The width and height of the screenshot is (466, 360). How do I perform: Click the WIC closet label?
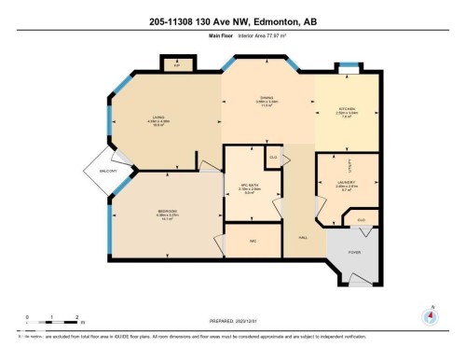click(252, 241)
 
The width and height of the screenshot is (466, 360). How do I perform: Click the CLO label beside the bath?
click(272, 157)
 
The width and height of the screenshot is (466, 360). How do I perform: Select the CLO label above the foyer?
click(361, 219)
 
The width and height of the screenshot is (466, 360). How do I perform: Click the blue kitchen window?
click(347, 69)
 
